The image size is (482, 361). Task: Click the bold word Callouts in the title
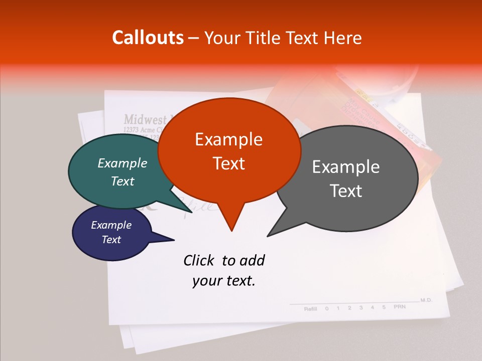(148, 38)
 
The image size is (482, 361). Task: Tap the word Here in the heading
(342, 38)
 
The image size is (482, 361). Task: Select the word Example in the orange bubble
(228, 139)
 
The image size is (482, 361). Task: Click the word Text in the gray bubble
(346, 191)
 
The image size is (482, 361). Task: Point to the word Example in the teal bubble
(122, 163)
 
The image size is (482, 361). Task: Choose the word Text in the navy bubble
(111, 240)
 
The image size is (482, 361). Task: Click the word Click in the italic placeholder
(200, 260)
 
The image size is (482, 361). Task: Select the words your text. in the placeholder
(223, 281)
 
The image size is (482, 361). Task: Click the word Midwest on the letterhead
(145, 119)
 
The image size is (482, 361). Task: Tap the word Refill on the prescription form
(310, 308)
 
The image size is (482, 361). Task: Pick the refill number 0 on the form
(326, 308)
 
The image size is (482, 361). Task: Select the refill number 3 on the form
(360, 307)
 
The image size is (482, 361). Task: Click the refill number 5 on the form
(384, 307)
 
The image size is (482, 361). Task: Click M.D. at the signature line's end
(426, 300)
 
